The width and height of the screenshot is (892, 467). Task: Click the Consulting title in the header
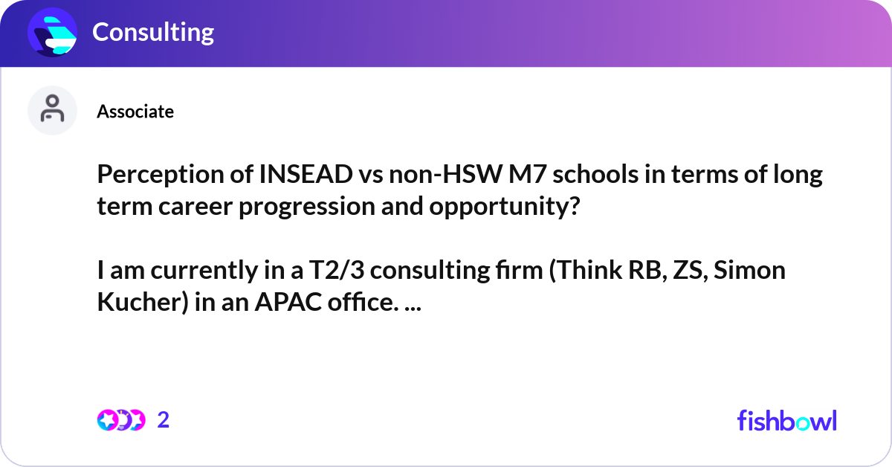(152, 32)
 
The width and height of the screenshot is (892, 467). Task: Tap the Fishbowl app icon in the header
(53, 32)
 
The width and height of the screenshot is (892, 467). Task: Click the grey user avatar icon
(52, 111)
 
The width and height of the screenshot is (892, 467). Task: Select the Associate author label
(135, 112)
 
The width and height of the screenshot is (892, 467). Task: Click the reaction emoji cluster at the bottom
(121, 420)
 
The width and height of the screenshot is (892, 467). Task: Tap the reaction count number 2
(164, 420)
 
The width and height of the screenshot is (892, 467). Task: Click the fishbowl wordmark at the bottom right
(786, 420)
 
